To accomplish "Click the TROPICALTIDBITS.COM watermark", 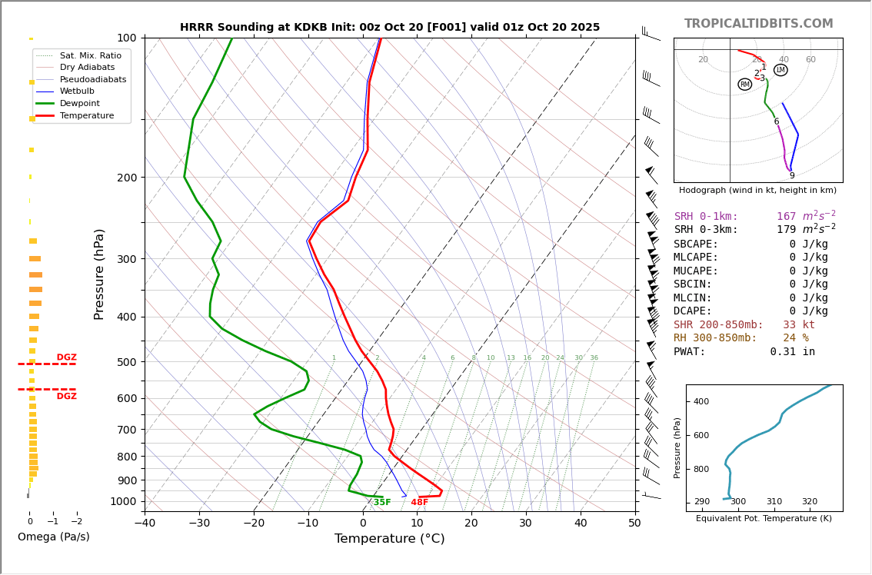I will [758, 24].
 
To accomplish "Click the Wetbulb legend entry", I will [77, 91].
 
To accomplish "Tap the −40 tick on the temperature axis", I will [145, 523].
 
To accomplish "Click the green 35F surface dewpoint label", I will [381, 503].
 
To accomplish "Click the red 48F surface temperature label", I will [419, 503].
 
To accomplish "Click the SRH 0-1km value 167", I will [786, 217].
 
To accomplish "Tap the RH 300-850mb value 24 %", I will [795, 338].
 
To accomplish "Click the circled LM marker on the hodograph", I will [780, 70].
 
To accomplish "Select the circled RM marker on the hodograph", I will [744, 85].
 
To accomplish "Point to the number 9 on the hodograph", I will [791, 176].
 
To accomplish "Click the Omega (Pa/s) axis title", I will [53, 537].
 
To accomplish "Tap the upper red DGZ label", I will [66, 357].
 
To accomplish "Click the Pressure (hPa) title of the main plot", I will [99, 274].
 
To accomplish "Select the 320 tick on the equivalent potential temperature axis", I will [810, 502].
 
